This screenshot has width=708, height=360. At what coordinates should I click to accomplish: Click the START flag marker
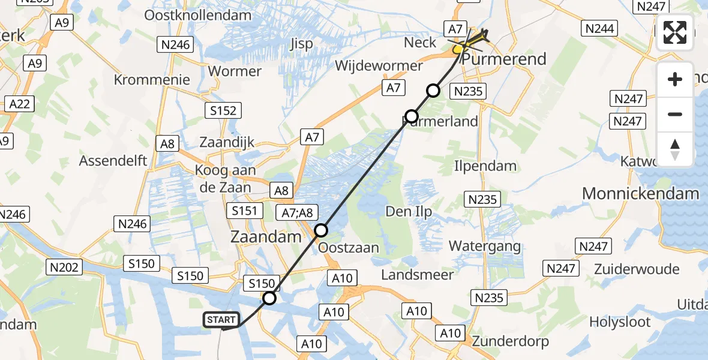click(x=221, y=320)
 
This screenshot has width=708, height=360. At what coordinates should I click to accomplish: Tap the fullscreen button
click(x=675, y=33)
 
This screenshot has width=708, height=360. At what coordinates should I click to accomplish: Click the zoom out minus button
click(x=675, y=114)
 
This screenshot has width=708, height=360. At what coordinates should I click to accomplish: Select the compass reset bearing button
click(x=675, y=149)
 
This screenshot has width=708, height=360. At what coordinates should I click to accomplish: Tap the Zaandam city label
click(x=266, y=237)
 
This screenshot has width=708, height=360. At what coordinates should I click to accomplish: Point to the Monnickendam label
click(x=641, y=194)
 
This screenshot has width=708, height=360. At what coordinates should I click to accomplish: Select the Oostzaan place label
click(x=349, y=248)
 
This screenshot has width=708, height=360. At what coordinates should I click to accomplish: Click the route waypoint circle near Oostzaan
click(x=322, y=230)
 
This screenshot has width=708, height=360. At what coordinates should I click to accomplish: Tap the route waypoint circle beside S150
click(x=270, y=298)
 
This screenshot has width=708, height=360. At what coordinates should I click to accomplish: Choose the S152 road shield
click(x=223, y=110)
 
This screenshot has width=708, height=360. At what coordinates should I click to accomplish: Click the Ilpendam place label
click(x=485, y=166)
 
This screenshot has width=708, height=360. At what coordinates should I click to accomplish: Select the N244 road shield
click(x=600, y=28)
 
